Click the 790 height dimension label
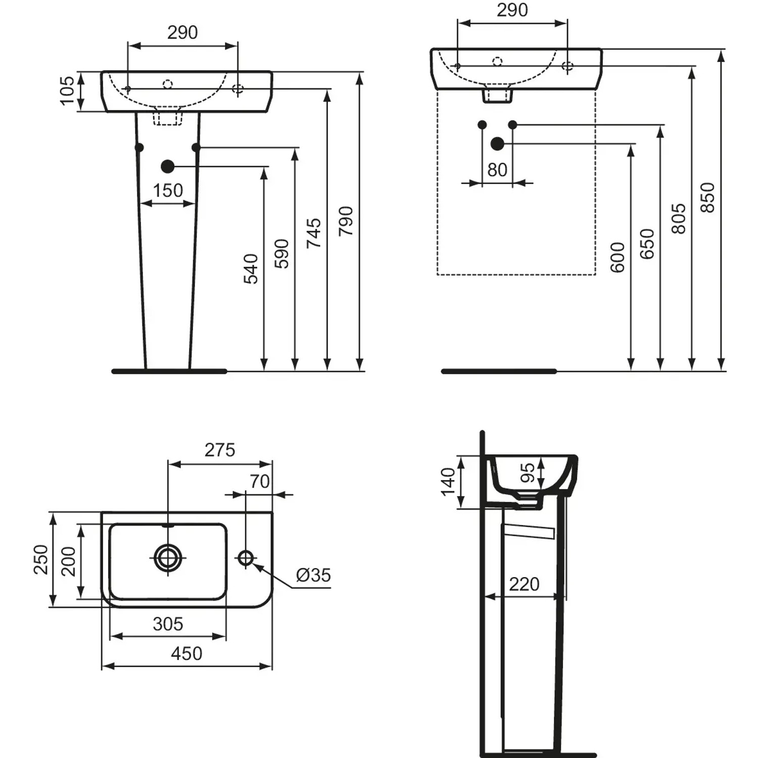click(x=346, y=221)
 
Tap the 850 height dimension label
click(x=707, y=198)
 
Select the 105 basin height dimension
click(x=67, y=91)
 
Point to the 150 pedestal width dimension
click(x=168, y=191)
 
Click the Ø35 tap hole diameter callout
click(x=313, y=575)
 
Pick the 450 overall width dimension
click(x=186, y=653)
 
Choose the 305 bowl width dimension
click(x=168, y=624)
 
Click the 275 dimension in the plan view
click(x=220, y=450)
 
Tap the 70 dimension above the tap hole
click(x=260, y=482)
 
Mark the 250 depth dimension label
click(x=41, y=559)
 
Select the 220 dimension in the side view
click(x=524, y=584)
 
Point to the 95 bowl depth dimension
click(x=527, y=473)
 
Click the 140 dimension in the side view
click(x=448, y=482)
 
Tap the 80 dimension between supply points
click(x=497, y=170)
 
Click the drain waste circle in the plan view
click(x=168, y=558)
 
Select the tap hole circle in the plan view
click(x=246, y=558)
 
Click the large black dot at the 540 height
click(x=168, y=166)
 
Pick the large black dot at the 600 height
click(x=498, y=144)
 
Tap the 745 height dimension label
click(x=314, y=233)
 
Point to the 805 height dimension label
click(x=679, y=218)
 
